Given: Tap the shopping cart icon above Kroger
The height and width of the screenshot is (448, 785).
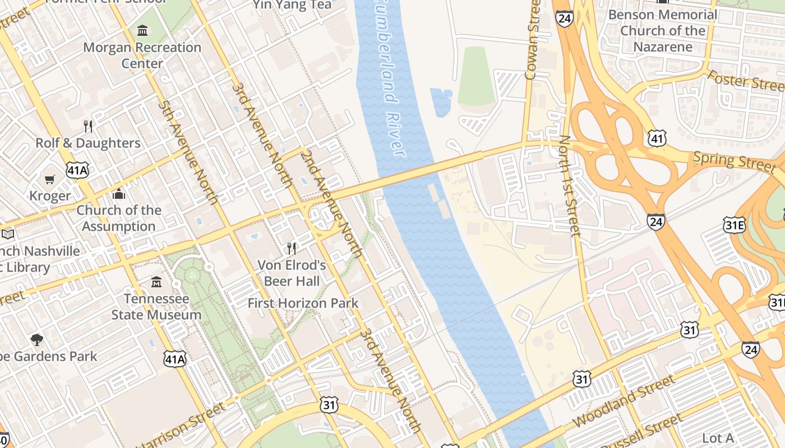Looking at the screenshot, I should coord(50,179).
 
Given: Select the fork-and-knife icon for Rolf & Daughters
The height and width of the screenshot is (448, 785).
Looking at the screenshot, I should coord(88,126).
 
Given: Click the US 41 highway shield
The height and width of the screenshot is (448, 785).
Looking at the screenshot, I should coord(656,138).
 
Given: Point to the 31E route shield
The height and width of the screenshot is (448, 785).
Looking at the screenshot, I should coord(734,226).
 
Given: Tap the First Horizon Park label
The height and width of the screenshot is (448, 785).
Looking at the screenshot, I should coord(303,304).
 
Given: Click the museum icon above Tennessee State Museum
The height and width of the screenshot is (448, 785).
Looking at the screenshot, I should coord(156,282).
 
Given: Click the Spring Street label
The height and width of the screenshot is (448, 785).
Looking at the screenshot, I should coord(735,161).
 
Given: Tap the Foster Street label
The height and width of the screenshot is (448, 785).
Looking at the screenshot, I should coord(746,81).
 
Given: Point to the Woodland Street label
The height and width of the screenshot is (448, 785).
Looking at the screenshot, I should coord(624,402).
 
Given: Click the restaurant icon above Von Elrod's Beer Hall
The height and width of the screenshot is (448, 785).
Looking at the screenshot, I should coord(291,248).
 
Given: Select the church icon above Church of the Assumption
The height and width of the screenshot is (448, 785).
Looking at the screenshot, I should coord(119,194).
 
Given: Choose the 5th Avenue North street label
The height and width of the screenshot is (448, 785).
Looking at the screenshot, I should coord(187,152).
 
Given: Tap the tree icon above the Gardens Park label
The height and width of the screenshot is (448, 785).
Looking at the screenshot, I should coord(37,339).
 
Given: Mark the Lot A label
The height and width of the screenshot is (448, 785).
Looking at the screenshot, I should coord(718,438).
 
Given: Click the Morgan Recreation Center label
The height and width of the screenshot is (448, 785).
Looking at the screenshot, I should coord(142,55).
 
